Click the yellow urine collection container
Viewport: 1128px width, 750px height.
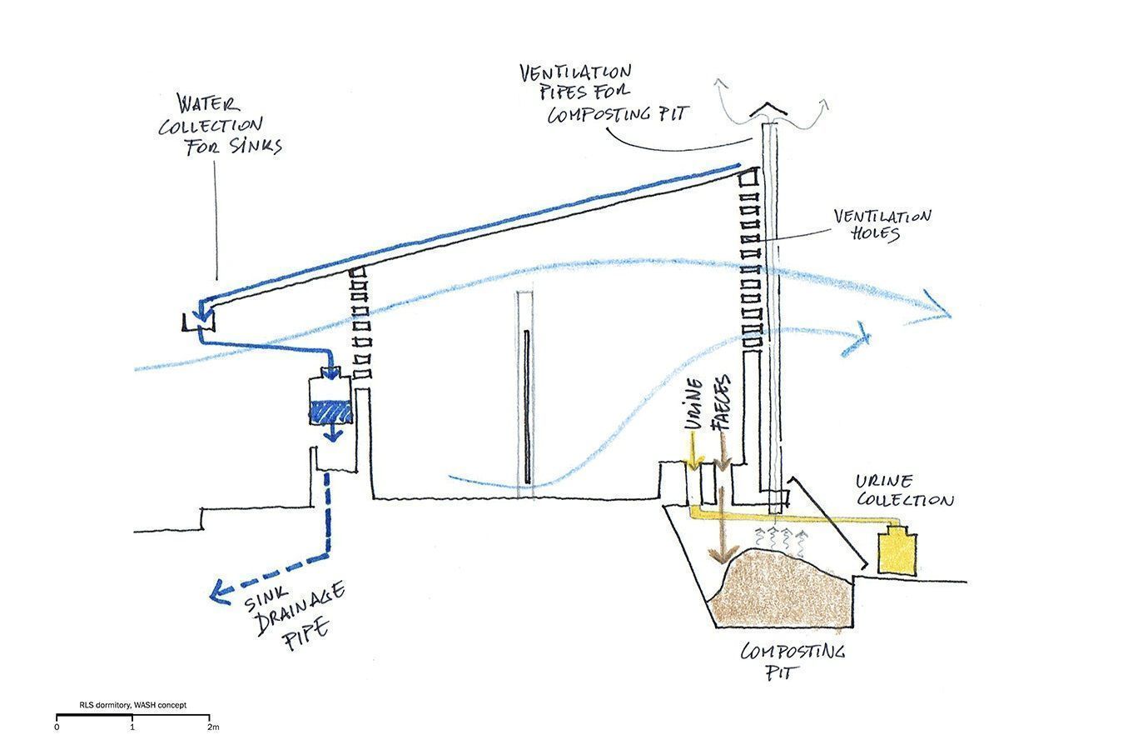coord(897,551)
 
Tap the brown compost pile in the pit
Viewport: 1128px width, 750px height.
coord(786,590)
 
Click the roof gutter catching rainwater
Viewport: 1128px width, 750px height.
coord(198,322)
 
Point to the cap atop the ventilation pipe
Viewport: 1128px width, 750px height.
coord(768,110)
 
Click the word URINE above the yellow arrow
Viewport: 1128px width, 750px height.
coord(694,403)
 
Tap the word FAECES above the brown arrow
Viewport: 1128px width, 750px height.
coord(722,402)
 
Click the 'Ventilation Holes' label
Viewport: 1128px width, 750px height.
coord(882,225)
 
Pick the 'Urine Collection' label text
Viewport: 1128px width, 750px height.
coord(905,491)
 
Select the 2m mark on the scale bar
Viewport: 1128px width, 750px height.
coord(213,727)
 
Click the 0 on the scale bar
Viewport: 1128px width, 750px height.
coord(57,727)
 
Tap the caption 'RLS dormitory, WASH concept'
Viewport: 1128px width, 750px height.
coord(133,705)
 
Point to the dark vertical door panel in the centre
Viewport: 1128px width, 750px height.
coord(527,407)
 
